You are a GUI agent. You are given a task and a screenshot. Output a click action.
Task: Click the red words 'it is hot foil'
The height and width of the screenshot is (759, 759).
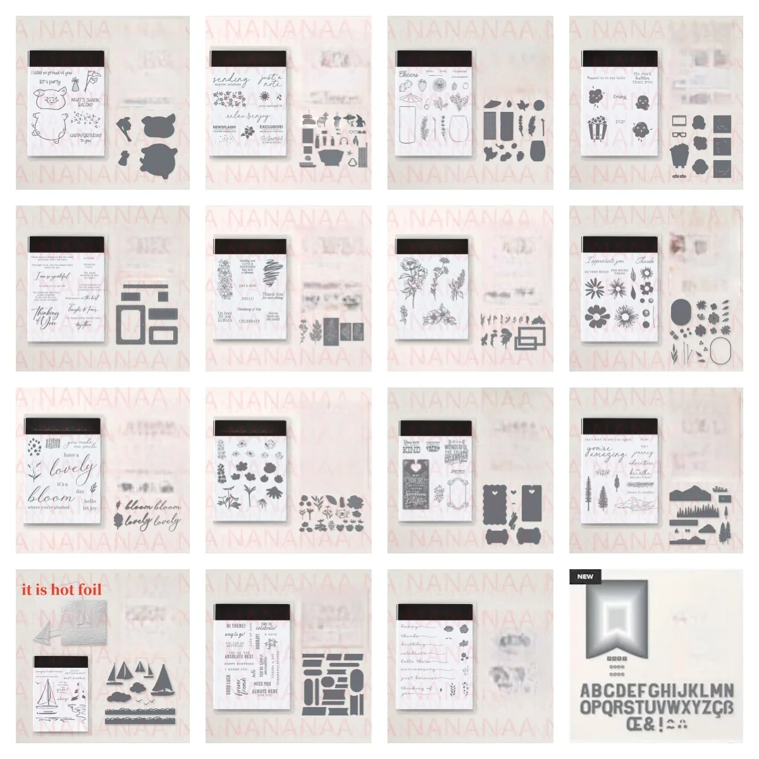(x=61, y=589)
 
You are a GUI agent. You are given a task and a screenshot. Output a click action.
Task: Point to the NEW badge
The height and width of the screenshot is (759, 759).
(x=585, y=576)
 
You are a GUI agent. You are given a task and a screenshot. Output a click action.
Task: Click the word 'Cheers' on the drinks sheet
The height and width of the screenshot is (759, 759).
(x=409, y=74)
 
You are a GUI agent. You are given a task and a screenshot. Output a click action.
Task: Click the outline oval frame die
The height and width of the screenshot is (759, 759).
(x=724, y=351)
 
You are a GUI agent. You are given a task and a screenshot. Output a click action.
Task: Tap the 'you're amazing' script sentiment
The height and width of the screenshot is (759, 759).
(x=605, y=453)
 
